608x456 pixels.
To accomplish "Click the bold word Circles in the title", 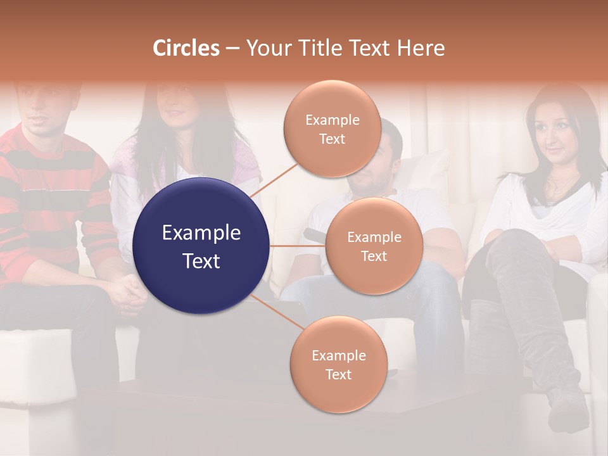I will coord(186,48).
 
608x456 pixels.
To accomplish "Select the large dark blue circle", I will coord(201,246).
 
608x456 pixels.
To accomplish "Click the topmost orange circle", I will coord(332,129).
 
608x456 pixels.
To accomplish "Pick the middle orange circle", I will coord(374,246).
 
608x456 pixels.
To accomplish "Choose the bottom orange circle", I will coord(338,364).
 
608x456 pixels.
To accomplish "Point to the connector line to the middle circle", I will coord(297,246).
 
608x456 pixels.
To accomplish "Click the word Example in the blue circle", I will coord(201,233).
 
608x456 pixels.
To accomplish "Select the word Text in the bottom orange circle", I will coord(338,374).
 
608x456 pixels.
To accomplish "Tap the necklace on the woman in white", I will coord(557,187).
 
